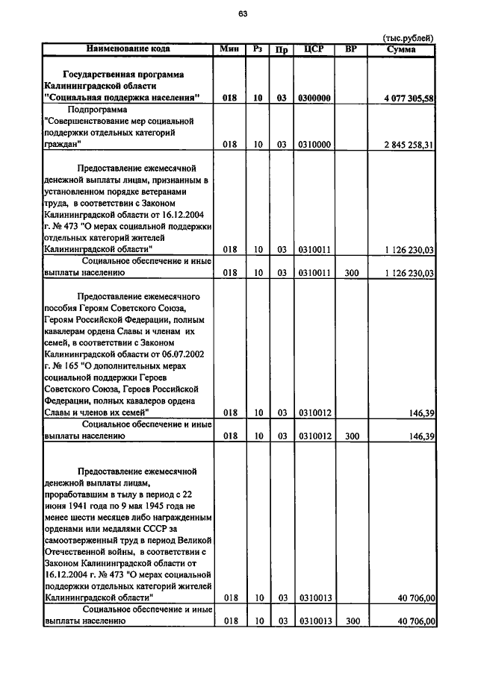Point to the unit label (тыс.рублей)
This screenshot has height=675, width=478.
tap(408, 37)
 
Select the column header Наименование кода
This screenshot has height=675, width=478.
tap(128, 48)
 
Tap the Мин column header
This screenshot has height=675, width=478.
tap(229, 48)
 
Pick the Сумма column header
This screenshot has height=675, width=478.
tap(402, 49)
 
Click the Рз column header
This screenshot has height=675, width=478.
tap(258, 48)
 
